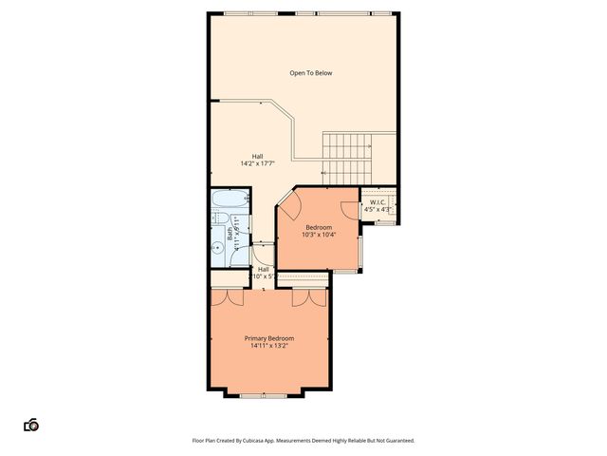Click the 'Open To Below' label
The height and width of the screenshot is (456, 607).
coord(311,73)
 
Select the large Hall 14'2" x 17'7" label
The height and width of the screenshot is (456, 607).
coord(257,161)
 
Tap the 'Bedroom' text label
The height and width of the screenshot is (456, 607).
coord(318,227)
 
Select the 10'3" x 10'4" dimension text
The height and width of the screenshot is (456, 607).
coord(318,235)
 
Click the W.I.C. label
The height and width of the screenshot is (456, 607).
coord(377,201)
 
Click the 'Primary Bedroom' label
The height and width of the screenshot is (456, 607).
coord(268,338)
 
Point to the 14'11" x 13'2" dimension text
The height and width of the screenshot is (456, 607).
coord(268,346)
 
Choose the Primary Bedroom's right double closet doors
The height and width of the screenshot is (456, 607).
coord(309,298)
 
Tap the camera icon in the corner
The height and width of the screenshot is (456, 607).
coord(31,425)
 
